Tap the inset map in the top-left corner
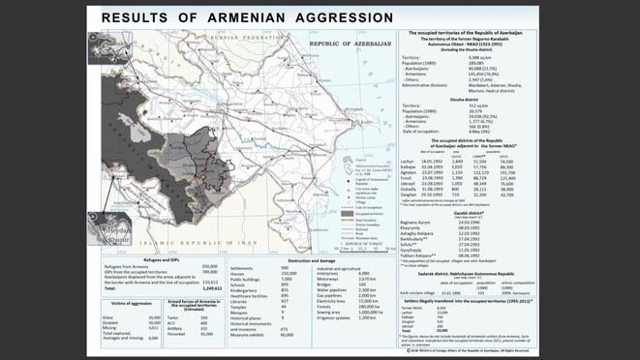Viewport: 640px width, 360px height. coord(108,47)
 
